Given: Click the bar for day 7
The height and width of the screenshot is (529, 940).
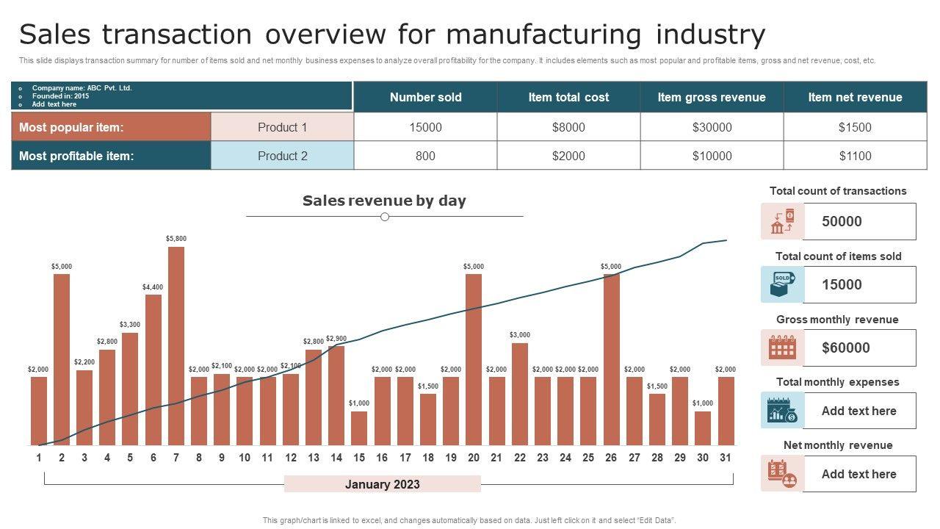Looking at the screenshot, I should pyautogui.click(x=176, y=345).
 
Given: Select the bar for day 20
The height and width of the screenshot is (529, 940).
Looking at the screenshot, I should pyautogui.click(x=474, y=359).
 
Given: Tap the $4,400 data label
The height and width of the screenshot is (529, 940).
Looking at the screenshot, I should pyautogui.click(x=153, y=287).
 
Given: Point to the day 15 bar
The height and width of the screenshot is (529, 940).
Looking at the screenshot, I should pyautogui.click(x=359, y=428).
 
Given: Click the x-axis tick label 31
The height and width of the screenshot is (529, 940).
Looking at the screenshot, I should pyautogui.click(x=726, y=458).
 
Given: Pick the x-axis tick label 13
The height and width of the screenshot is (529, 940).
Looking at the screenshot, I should pyautogui.click(x=314, y=458).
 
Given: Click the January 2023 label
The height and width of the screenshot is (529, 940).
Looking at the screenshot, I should pyautogui.click(x=383, y=484).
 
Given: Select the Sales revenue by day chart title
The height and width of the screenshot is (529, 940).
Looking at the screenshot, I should pyautogui.click(x=384, y=201).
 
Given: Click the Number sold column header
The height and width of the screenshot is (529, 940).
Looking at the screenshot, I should pyautogui.click(x=425, y=97).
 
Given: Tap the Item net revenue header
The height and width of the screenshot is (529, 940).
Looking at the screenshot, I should pyautogui.click(x=855, y=97).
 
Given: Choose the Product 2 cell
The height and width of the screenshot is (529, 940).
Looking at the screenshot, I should pyautogui.click(x=283, y=156).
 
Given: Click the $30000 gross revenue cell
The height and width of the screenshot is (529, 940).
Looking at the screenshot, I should pyautogui.click(x=712, y=127).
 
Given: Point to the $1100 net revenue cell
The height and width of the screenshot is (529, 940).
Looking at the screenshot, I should pyautogui.click(x=855, y=156).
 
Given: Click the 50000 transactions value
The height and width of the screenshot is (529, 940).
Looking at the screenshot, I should pyautogui.click(x=842, y=221).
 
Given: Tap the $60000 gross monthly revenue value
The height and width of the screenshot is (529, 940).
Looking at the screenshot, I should pyautogui.click(x=846, y=348).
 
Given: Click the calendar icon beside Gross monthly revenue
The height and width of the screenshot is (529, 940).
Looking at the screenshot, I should pyautogui.click(x=782, y=348).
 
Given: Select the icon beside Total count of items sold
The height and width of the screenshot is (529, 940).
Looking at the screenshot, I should pyautogui.click(x=782, y=284).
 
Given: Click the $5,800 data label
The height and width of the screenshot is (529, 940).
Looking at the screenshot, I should pyautogui.click(x=176, y=239).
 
